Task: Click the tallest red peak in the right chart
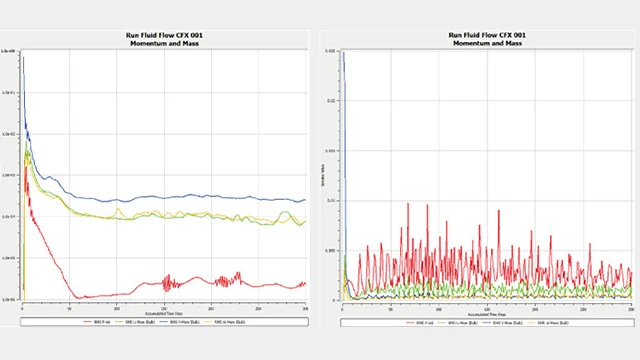[408, 205]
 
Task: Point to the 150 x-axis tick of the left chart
[164, 305]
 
